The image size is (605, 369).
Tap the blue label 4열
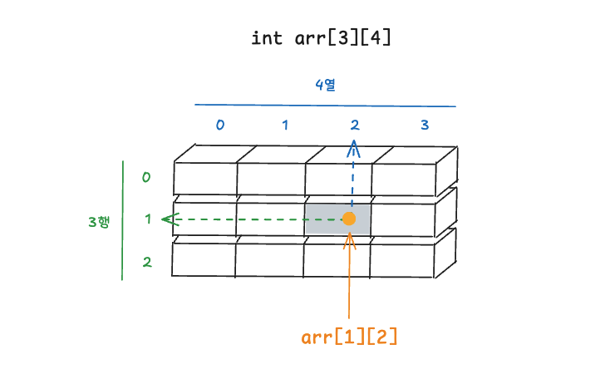(325, 84)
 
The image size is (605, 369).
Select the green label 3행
(99, 221)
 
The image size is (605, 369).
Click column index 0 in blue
(220, 125)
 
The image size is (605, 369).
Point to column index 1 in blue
(284, 125)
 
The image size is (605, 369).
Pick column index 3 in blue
(425, 125)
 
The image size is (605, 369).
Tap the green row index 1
(147, 219)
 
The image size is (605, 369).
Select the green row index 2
(147, 263)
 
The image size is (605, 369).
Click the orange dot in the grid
(349, 219)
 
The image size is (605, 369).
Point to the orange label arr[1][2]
(349, 337)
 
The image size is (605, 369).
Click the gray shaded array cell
(328, 219)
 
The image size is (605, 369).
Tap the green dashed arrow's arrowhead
(169, 220)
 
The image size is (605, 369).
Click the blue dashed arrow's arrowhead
(353, 147)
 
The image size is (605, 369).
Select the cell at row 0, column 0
(205, 177)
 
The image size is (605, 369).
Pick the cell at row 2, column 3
(403, 260)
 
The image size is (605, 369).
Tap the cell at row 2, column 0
(204, 259)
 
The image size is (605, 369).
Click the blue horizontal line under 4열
(325, 106)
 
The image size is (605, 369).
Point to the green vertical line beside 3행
(123, 220)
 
